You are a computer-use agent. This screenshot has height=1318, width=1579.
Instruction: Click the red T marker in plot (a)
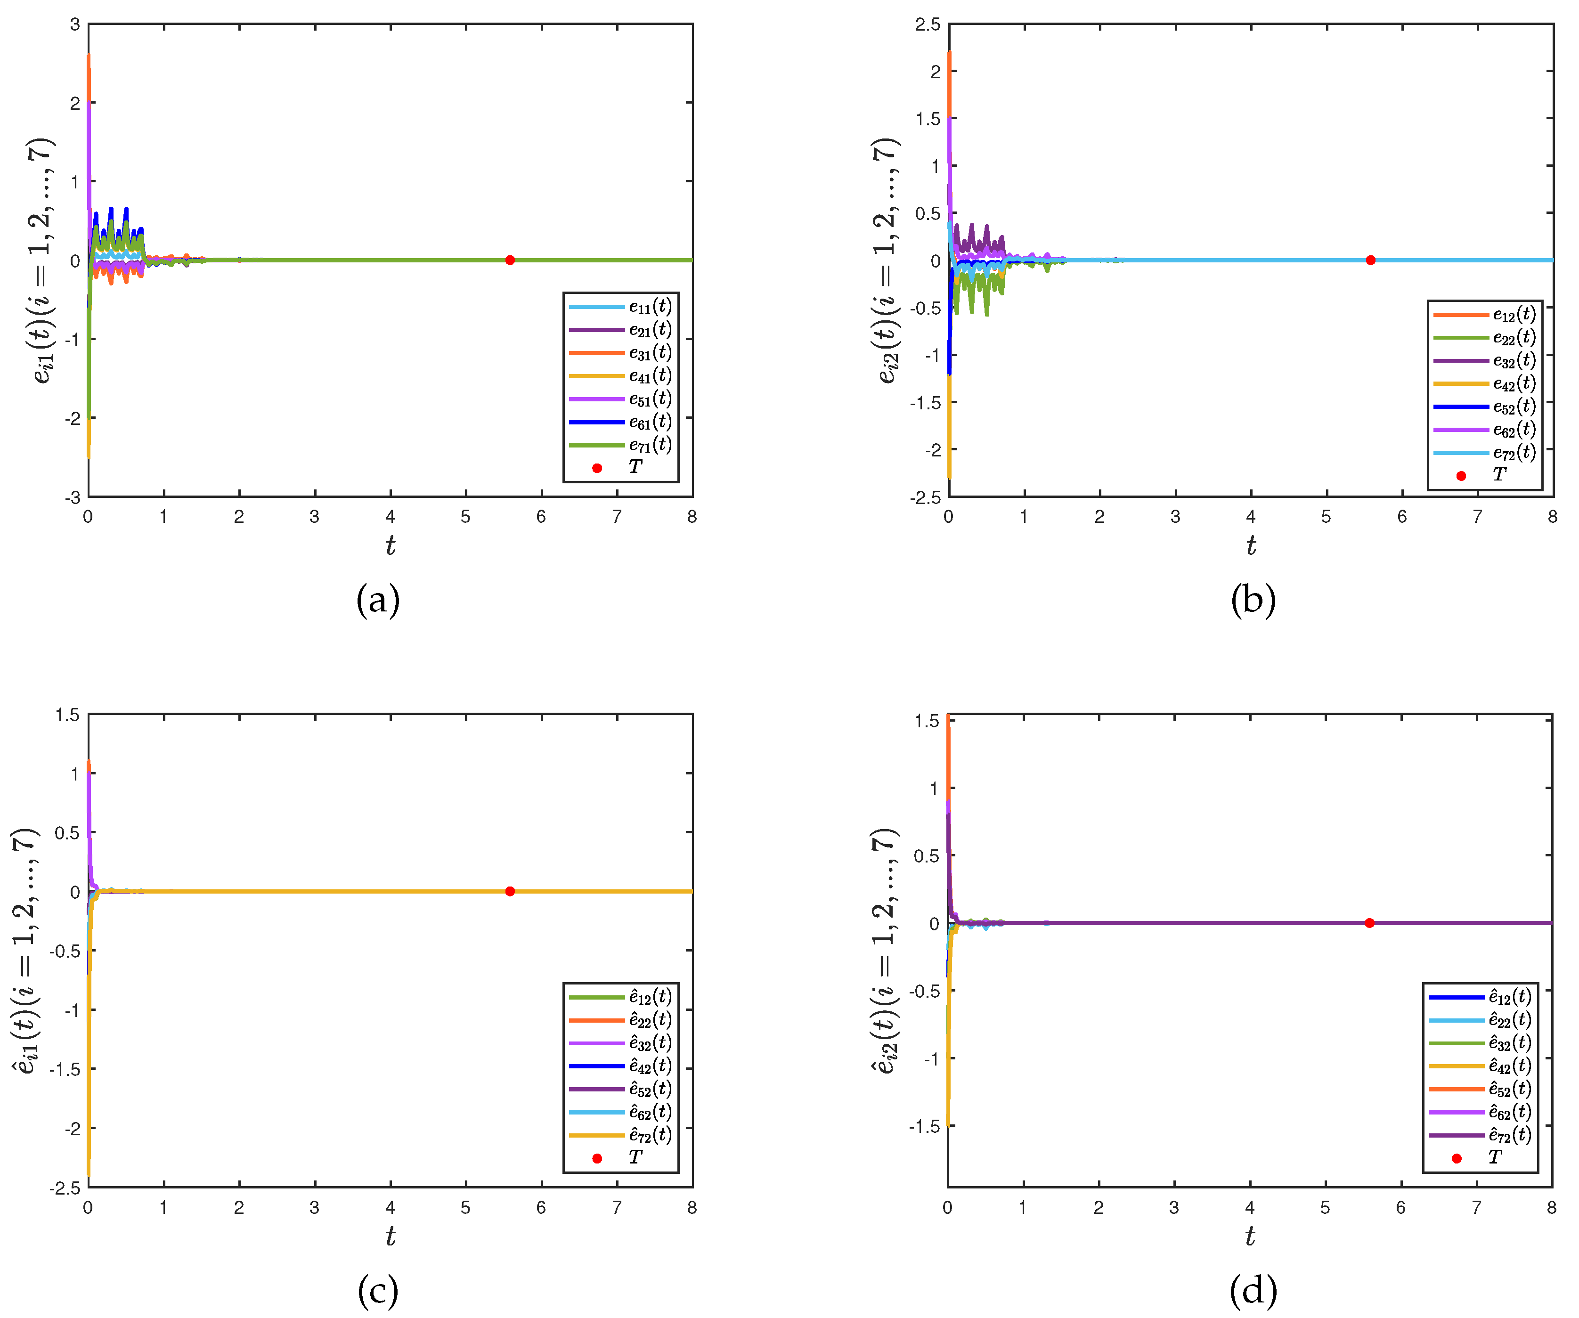[510, 260]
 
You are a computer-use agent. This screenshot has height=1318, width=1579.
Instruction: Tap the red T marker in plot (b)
[1371, 260]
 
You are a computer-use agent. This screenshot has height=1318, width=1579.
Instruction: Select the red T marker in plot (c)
[510, 891]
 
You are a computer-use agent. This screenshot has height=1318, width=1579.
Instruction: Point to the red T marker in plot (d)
[1369, 922]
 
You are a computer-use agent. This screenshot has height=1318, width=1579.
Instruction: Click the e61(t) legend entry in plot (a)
[650, 422]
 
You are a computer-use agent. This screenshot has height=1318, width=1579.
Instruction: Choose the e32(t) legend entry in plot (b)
[1514, 361]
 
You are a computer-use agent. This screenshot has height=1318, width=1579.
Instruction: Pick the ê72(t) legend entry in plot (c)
[650, 1135]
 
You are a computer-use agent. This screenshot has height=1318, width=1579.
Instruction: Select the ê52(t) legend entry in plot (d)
[1509, 1089]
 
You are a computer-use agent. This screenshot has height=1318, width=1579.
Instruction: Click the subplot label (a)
[377, 601]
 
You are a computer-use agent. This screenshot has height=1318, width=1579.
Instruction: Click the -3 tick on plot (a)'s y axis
[73, 497]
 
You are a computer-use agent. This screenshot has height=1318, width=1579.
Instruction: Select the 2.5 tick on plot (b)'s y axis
[928, 25]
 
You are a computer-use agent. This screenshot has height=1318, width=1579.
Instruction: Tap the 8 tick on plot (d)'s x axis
[1551, 1207]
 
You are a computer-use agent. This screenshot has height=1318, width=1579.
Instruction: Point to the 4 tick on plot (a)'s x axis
[390, 517]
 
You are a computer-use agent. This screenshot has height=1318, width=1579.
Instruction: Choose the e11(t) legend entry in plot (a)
[650, 307]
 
